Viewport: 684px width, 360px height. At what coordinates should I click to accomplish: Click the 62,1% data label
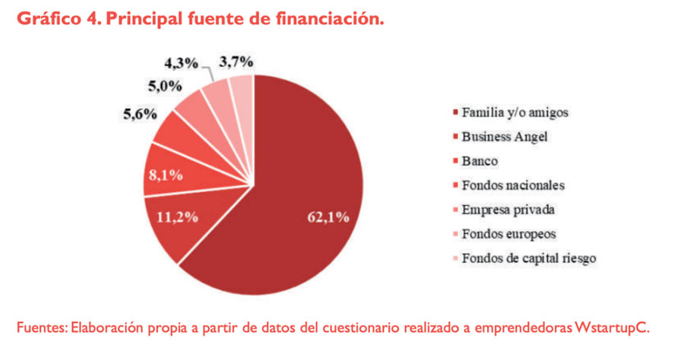click(328, 217)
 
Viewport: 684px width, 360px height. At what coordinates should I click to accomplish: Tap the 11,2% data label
click(177, 216)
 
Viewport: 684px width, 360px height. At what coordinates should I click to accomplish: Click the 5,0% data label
click(163, 86)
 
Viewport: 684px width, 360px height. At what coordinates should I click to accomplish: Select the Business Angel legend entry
click(505, 137)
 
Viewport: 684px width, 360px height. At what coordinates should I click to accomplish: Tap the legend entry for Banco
click(478, 161)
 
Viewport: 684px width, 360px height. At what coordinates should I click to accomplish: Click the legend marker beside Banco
click(454, 161)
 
